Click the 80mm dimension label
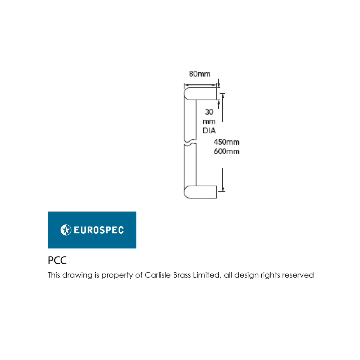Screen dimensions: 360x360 tap(199, 74)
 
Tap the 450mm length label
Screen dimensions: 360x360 tap(226, 142)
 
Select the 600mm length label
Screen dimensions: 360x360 tap(226, 151)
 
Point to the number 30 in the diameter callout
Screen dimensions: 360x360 tap(209, 112)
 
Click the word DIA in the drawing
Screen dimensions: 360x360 tap(209, 130)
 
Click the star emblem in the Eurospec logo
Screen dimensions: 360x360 tap(66, 230)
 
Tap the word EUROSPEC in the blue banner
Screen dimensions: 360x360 tap(99, 230)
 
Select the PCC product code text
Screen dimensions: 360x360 tap(57, 260)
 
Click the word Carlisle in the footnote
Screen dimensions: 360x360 tap(158, 275)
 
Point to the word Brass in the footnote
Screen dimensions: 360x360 tap(182, 275)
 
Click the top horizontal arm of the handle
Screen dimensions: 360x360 tap(200, 94)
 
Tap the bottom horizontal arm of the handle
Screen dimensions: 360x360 tap(200, 192)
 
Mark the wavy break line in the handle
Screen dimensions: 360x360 tap(190, 142)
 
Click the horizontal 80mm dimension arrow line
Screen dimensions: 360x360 tap(200, 85)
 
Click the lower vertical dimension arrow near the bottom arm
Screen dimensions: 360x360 tap(223, 180)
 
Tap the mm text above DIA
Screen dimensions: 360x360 tap(209, 121)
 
